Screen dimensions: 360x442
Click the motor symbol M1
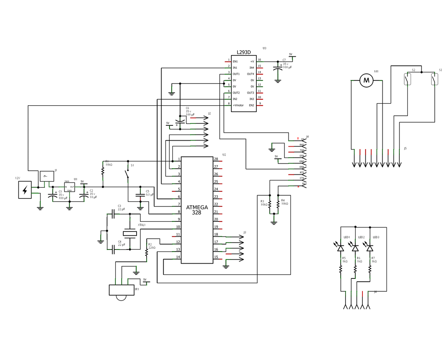[366, 80]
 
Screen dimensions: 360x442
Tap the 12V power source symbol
[25, 190]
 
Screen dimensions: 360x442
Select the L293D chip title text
[244, 52]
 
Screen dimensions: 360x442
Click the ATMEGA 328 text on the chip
[197, 210]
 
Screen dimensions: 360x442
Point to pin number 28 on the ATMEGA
[216, 159]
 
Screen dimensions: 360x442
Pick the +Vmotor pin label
[238, 105]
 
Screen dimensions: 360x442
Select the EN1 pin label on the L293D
[235, 61]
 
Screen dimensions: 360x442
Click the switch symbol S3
[434, 79]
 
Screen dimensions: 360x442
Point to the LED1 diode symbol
[341, 248]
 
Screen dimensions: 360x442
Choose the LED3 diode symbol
[370, 248]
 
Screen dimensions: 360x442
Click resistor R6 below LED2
[355, 271]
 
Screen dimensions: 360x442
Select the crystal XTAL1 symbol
[130, 233]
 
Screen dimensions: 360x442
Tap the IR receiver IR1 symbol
[122, 291]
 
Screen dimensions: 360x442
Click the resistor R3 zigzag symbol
[270, 205]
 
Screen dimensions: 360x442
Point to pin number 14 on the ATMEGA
[178, 257]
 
